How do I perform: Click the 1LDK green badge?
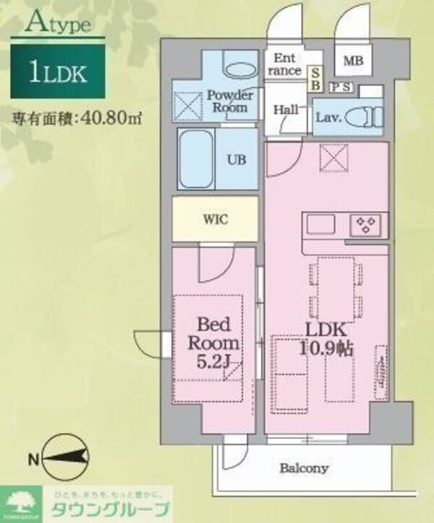(x=58, y=71)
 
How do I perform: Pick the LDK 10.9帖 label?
(x=325, y=340)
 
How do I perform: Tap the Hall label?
(x=286, y=109)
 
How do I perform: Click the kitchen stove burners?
(x=367, y=224)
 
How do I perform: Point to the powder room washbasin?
(x=240, y=70)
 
